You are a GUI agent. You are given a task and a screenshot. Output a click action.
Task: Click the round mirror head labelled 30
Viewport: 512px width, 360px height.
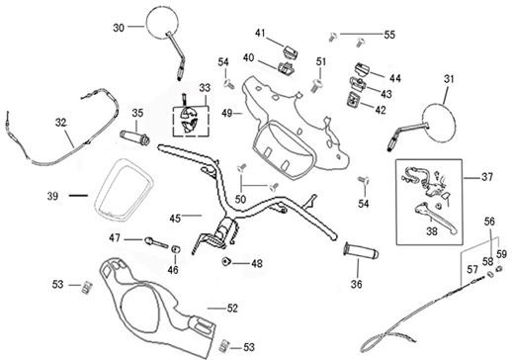pos(159,22)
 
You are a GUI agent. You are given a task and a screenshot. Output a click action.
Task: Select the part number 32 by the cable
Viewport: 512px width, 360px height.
pos(60,124)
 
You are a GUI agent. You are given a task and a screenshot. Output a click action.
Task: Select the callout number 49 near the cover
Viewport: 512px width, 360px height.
pos(226,114)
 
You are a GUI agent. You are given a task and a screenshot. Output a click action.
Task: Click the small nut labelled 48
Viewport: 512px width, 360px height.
pos(228,261)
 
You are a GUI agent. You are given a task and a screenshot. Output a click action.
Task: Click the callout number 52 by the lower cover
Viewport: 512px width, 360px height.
pos(233,309)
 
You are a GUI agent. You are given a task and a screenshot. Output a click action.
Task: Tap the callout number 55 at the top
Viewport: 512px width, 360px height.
pos(389,35)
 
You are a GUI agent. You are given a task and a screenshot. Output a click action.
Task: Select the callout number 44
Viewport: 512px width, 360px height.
pos(395,77)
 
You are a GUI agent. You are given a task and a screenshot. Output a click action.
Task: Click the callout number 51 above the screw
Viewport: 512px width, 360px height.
pos(320,63)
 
